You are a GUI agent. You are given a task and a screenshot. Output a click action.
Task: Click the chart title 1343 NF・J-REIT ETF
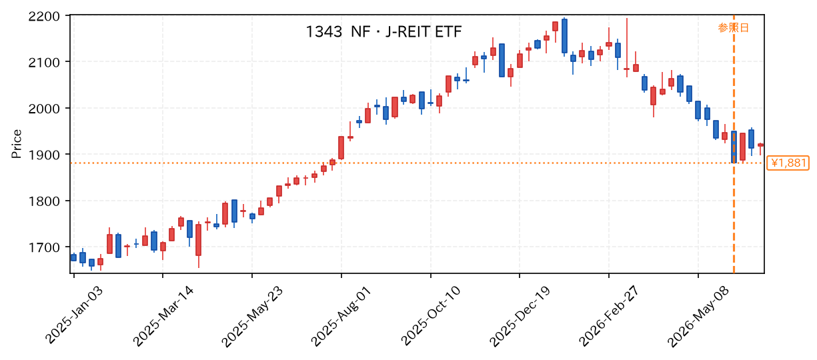click(x=383, y=32)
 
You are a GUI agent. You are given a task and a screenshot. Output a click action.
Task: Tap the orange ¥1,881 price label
click(x=788, y=163)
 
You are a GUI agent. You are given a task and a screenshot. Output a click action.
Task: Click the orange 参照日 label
click(x=733, y=28)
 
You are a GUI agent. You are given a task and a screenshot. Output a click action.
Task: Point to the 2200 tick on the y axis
click(x=44, y=17)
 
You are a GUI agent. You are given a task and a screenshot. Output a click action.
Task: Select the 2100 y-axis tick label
click(x=44, y=63)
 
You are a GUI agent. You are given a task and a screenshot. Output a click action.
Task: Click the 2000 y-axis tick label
click(x=44, y=109)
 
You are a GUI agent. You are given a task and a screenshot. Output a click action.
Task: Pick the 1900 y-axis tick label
click(x=44, y=155)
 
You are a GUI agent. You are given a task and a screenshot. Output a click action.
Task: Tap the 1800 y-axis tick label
click(x=44, y=201)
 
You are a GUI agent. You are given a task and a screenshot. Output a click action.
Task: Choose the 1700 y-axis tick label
click(x=44, y=247)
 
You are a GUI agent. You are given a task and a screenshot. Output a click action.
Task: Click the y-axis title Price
click(x=17, y=144)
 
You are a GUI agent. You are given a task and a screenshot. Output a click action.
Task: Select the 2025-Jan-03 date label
click(x=74, y=315)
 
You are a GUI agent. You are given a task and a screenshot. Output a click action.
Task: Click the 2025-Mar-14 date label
click(x=163, y=316)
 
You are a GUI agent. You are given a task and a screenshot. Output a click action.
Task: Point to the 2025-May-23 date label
click(x=251, y=316)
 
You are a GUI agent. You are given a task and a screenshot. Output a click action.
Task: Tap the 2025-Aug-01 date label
click(x=341, y=316)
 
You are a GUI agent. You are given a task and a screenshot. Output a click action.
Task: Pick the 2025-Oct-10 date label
click(x=430, y=316)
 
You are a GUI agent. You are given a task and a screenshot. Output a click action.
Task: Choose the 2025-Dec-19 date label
click(x=520, y=316)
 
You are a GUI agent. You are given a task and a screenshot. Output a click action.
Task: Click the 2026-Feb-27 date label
click(x=609, y=316)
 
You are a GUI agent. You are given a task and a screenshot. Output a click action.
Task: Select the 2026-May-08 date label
click(x=698, y=316)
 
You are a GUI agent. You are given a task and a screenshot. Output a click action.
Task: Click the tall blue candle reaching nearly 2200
click(x=565, y=36)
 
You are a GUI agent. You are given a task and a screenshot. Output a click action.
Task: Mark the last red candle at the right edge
click(x=760, y=145)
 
